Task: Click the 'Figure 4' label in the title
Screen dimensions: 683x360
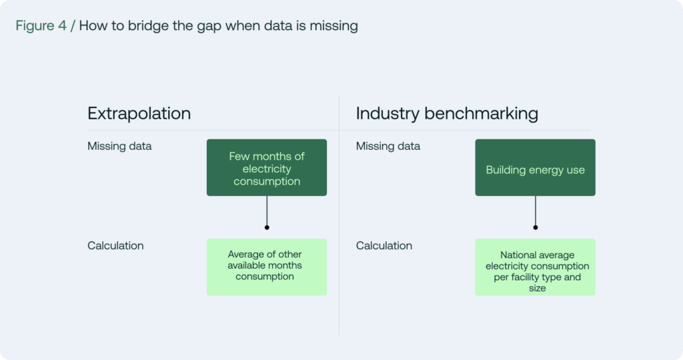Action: (41, 26)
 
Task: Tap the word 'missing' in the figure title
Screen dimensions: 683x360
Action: (333, 26)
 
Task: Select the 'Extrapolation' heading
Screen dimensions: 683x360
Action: (139, 113)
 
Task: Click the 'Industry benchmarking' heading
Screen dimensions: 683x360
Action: (447, 113)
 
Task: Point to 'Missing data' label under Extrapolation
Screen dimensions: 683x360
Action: (119, 146)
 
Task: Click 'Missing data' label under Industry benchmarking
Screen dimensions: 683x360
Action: (388, 146)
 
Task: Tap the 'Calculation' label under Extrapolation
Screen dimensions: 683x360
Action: (115, 245)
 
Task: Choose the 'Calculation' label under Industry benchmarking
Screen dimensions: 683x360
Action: (384, 245)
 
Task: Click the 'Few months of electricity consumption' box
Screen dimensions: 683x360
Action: (267, 167)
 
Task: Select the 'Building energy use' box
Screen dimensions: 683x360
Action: (536, 167)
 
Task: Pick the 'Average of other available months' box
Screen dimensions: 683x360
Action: (267, 267)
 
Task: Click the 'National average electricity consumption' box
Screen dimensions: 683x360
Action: (536, 267)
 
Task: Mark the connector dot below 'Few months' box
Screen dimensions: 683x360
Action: (267, 227)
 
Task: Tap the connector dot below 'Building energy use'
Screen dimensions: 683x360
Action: (536, 227)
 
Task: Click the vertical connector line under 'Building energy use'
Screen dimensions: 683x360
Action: (536, 211)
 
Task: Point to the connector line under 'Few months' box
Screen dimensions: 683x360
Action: (267, 211)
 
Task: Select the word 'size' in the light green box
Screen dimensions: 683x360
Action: (538, 288)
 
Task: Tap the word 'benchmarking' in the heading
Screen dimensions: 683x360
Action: (482, 113)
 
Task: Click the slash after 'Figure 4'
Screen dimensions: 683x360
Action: (73, 26)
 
